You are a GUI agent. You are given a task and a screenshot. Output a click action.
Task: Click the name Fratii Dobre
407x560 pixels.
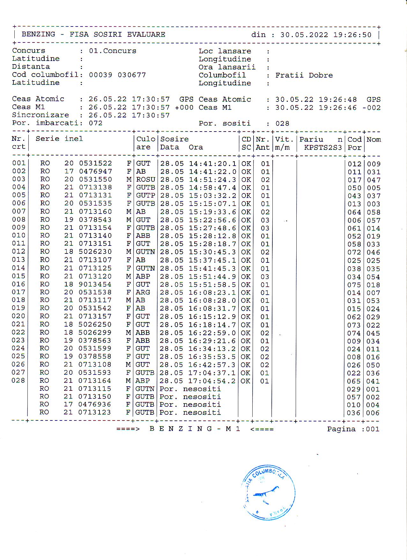(x=304, y=75)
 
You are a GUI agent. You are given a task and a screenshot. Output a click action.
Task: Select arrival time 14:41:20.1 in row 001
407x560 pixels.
(x=212, y=164)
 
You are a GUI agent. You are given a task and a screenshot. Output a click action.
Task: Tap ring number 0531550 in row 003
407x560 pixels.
(x=95, y=180)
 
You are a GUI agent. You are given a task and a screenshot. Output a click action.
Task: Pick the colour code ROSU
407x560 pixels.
(x=145, y=180)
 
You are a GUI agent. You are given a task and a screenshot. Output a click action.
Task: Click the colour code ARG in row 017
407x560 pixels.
(x=143, y=292)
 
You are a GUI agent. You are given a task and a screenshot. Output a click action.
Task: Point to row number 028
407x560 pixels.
(x=18, y=381)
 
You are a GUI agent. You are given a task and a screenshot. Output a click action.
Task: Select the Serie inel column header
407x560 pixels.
(x=59, y=139)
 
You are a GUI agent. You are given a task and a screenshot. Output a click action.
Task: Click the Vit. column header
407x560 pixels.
(x=284, y=140)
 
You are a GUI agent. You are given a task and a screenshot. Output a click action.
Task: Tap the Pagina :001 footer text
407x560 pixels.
(x=353, y=429)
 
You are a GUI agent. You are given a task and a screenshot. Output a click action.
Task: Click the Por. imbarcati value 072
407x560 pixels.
(x=95, y=123)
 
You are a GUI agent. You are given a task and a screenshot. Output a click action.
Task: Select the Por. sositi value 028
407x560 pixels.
(x=282, y=124)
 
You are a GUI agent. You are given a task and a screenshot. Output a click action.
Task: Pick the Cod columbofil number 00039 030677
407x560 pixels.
(x=117, y=75)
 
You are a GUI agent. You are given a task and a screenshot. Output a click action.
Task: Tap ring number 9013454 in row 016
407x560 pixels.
(x=95, y=284)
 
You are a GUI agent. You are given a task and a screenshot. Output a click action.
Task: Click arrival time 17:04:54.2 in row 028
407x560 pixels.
(x=212, y=381)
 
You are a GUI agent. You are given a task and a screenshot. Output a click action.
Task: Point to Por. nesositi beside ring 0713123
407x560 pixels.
(x=190, y=412)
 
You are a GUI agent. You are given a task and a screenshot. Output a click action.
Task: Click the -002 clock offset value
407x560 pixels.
(x=371, y=108)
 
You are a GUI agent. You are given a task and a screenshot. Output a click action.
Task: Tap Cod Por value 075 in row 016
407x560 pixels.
(x=354, y=285)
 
